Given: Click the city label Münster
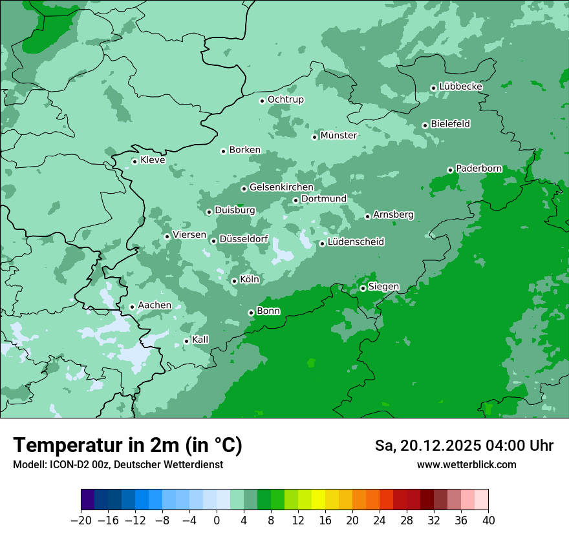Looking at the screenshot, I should (338, 136).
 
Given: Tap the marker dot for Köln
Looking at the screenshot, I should (234, 281).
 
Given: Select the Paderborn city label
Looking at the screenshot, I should (478, 169).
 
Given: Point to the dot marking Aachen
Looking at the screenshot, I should (132, 307).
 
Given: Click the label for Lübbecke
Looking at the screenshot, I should (460, 87).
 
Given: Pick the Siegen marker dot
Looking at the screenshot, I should (363, 288).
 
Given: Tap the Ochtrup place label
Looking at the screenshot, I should (285, 99).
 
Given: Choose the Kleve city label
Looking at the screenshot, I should (153, 160).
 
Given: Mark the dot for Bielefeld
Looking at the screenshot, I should (425, 125).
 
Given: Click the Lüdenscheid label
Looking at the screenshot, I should (356, 242).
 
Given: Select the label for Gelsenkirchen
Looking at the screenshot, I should (281, 187).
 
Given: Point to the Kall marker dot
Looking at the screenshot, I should (186, 341).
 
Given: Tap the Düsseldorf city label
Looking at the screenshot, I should (244, 239).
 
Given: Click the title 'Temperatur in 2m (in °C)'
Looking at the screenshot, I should (127, 446).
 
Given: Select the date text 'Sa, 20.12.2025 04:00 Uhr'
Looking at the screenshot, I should (464, 446).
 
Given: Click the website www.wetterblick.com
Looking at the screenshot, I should (466, 465).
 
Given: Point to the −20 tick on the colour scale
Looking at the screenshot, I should (81, 521).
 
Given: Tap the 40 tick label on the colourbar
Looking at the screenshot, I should (488, 521).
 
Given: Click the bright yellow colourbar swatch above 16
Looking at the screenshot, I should (318, 500).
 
